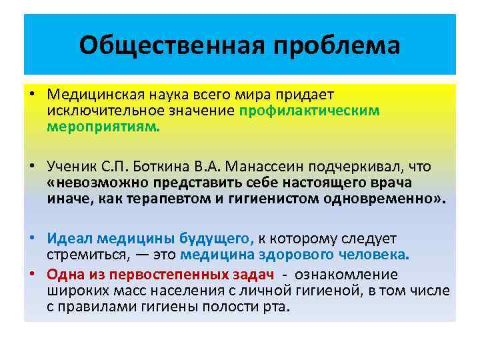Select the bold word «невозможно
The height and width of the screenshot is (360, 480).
[x=99, y=182]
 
